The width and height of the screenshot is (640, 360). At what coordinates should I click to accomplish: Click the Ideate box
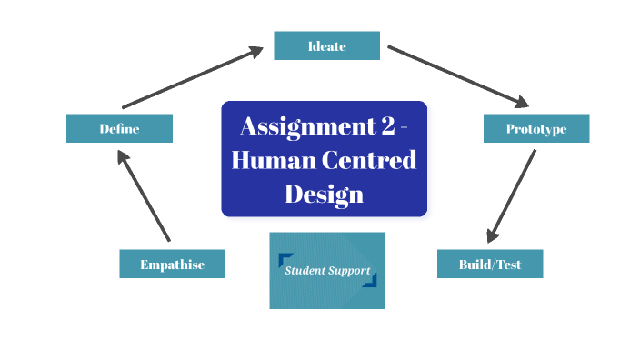click(x=326, y=45)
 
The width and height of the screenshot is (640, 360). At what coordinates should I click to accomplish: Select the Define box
click(x=119, y=128)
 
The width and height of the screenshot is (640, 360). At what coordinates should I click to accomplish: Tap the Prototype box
click(x=535, y=128)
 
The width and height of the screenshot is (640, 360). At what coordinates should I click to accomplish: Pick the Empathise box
click(x=172, y=265)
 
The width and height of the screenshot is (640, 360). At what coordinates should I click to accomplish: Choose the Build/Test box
click(x=490, y=264)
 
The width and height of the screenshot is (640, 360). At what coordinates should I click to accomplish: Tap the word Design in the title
click(x=324, y=194)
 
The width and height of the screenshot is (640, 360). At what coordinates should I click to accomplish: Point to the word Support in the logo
click(x=349, y=271)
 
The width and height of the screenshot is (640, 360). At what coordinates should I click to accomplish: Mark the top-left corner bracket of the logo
click(x=285, y=258)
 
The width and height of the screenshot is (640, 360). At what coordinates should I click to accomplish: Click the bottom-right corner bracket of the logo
click(x=369, y=281)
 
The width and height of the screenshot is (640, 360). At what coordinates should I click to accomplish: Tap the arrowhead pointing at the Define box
click(x=122, y=155)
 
